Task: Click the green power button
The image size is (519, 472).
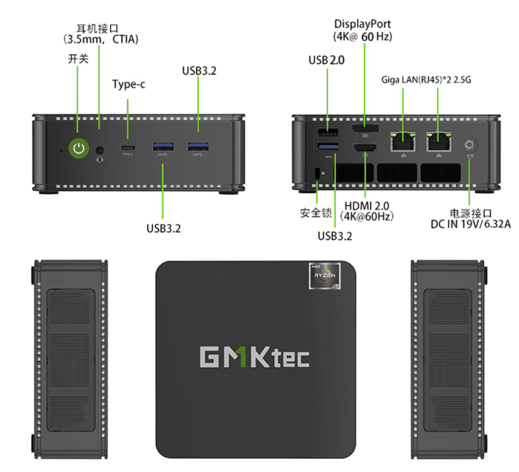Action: [x=78, y=149]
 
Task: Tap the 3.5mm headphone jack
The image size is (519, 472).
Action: [x=101, y=150]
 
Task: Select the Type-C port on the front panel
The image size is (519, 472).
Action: [x=128, y=147]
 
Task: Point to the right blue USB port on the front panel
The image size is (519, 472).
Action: [x=197, y=147]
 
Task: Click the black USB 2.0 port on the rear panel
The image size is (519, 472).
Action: [x=327, y=132]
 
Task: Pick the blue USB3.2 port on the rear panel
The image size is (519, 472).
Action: [x=327, y=148]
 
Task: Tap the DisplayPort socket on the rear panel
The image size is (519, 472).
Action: [x=365, y=129]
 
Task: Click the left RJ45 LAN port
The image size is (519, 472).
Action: [x=403, y=141]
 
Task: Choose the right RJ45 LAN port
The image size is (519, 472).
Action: [x=439, y=141]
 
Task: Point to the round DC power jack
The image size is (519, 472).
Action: [x=470, y=144]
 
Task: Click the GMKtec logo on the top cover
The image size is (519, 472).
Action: [x=254, y=356]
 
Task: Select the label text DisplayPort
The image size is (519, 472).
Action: [x=362, y=24]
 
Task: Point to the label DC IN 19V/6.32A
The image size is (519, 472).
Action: [x=471, y=225]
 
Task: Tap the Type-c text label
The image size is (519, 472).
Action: [x=129, y=84]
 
